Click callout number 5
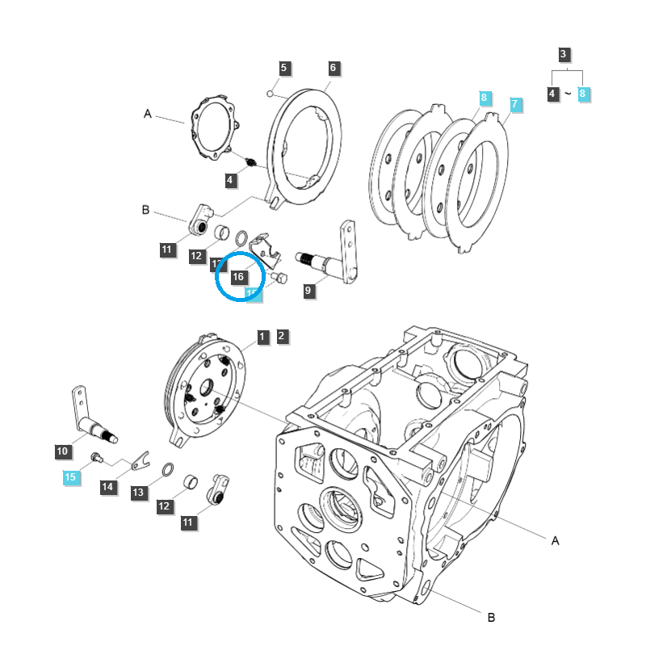point(283,68)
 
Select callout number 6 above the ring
point(333,68)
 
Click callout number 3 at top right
point(564,54)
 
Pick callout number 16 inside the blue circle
point(238,277)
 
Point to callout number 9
point(308,292)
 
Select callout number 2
point(281,336)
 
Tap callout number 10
point(62,451)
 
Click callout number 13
point(138,492)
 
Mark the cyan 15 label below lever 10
point(70,478)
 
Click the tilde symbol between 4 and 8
point(568,94)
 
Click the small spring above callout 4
point(251,163)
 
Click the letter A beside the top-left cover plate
point(148,115)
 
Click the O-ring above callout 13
point(167,470)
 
